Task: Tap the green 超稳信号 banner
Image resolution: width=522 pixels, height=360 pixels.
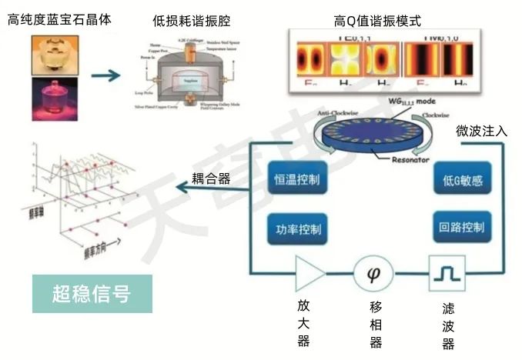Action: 92,293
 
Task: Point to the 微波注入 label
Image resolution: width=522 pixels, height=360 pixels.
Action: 481,131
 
